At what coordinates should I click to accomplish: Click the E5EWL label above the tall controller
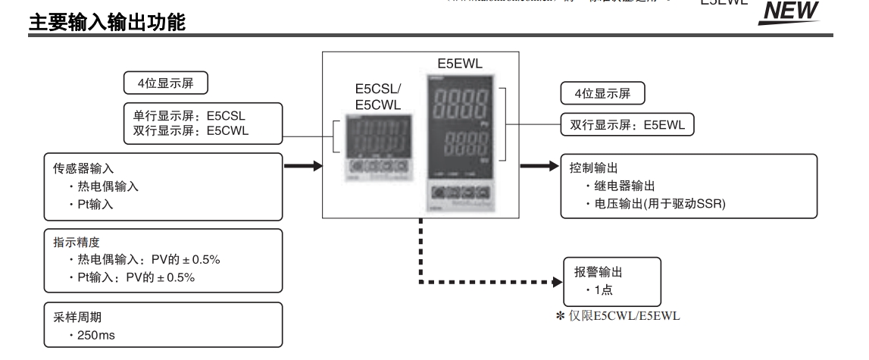(x=454, y=63)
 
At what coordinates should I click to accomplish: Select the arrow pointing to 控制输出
(x=539, y=164)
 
